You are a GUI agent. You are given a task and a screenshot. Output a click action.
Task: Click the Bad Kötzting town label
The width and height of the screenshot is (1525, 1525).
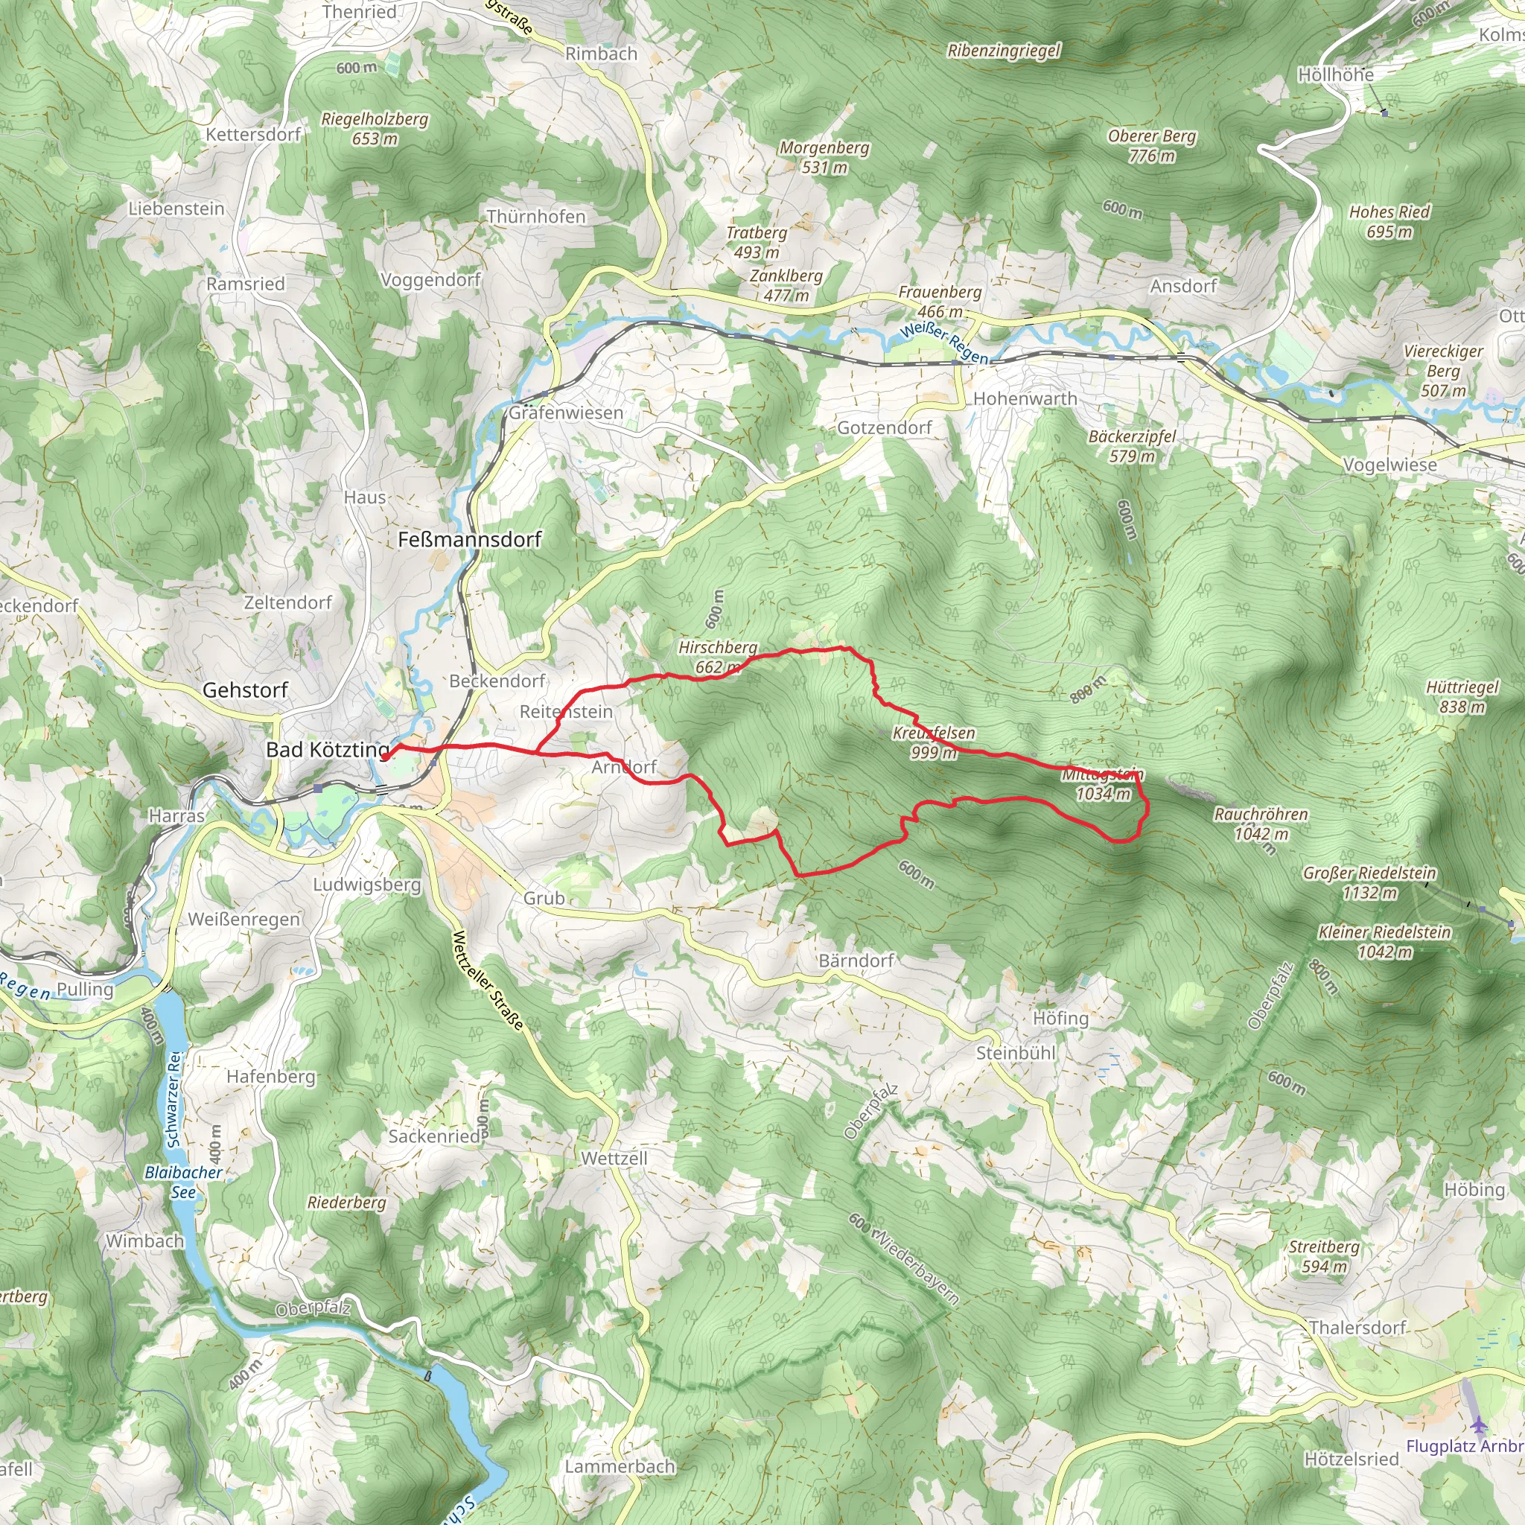point(328,750)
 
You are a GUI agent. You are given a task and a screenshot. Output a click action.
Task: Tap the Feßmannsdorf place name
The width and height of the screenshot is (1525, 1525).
point(470,539)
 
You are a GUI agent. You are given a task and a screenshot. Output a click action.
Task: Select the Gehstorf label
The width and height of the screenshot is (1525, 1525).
point(246,690)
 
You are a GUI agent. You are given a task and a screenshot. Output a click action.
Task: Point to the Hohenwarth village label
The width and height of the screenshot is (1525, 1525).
point(1025,398)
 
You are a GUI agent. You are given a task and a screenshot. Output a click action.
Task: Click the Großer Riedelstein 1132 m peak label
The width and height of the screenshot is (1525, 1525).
point(1369,883)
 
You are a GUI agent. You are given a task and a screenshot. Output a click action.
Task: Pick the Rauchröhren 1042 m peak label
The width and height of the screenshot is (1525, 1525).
point(1261,824)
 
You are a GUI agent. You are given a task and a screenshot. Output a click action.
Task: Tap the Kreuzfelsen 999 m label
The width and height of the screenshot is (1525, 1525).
point(934,742)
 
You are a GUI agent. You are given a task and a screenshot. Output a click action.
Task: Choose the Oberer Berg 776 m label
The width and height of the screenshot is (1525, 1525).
point(1152,146)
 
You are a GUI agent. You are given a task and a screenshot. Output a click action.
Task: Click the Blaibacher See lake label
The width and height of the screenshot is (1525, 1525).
point(184,1182)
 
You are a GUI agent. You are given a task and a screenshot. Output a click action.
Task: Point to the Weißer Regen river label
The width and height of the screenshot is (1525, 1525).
point(944,343)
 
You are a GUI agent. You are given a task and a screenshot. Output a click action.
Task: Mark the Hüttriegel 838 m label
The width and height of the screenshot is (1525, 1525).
point(1462,697)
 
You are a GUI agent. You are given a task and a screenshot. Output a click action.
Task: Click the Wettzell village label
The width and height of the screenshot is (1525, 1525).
point(614,1158)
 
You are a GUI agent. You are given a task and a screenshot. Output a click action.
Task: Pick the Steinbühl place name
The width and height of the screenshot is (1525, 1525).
point(1015,1053)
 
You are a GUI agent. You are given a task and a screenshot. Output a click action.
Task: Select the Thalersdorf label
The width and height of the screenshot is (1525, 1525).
point(1357,1327)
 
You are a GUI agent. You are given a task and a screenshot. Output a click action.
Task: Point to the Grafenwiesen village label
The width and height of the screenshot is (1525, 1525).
point(566,413)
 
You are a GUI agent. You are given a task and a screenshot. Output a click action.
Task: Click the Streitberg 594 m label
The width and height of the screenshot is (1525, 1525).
point(1324,1257)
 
